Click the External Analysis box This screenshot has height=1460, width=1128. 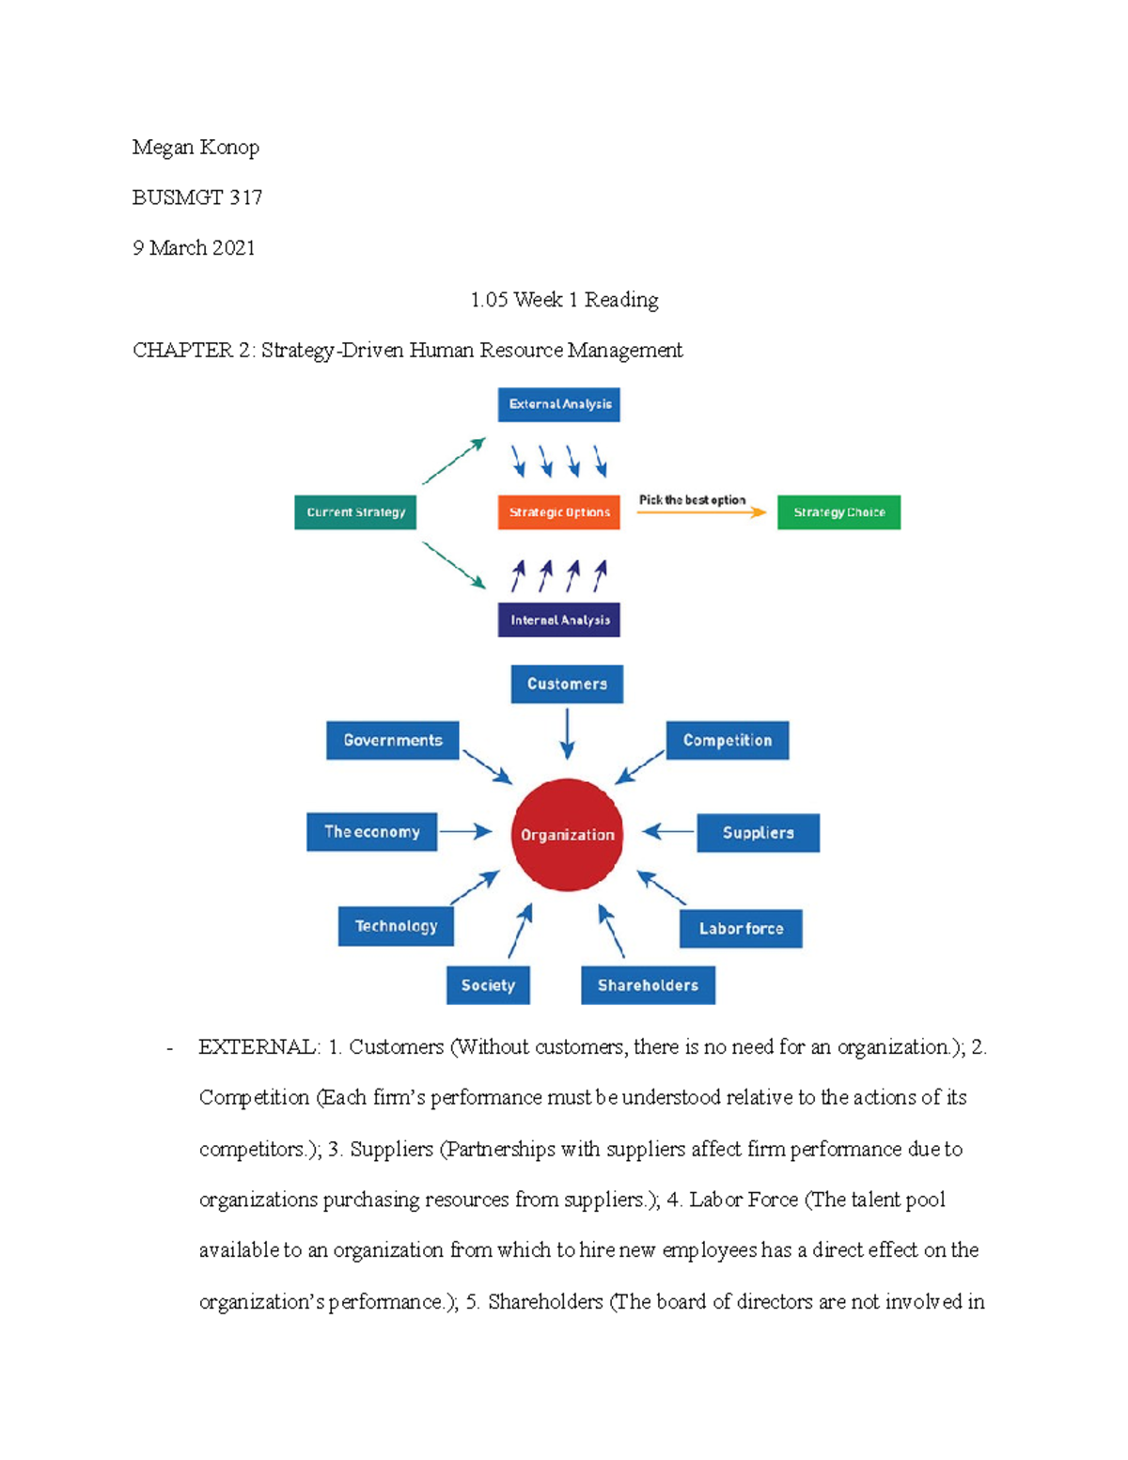click(558, 404)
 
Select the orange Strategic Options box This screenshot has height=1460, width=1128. click(558, 512)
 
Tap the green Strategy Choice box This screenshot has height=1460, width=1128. click(838, 512)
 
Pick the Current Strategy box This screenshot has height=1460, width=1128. click(355, 512)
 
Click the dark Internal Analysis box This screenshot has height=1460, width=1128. click(558, 620)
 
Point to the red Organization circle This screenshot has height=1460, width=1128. click(567, 835)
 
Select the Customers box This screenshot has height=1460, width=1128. click(567, 684)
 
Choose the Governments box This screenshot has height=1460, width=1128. click(393, 741)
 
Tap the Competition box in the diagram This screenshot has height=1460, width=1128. click(728, 741)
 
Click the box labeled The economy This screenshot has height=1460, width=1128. click(372, 832)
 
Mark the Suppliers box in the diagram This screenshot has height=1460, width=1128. click(758, 833)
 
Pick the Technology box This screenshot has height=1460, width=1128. click(396, 927)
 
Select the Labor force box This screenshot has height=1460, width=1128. click(741, 929)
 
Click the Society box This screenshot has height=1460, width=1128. click(489, 985)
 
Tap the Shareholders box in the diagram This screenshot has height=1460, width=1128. click(649, 985)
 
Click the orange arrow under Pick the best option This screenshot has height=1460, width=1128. click(701, 512)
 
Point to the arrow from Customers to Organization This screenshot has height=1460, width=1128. click(567, 733)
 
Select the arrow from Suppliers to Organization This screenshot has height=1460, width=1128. click(667, 832)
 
